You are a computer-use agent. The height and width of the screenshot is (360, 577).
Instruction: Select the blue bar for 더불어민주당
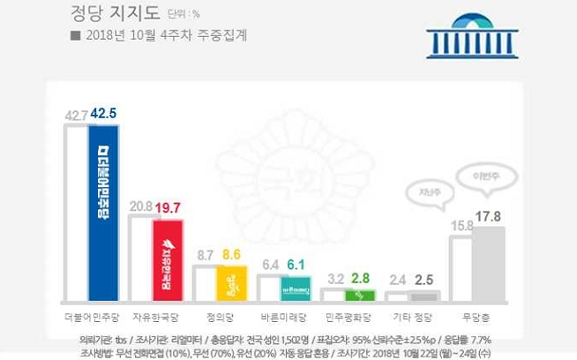click(x=103, y=212)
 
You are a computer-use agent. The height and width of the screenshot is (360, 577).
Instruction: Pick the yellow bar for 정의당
click(x=232, y=282)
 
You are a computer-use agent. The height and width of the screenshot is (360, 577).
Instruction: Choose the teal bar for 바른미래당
click(x=296, y=288)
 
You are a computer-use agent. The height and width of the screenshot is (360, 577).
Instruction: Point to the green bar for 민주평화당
click(x=360, y=294)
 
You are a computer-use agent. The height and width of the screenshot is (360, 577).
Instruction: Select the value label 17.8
click(x=488, y=216)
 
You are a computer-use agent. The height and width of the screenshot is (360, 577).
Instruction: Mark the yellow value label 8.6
click(x=232, y=255)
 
